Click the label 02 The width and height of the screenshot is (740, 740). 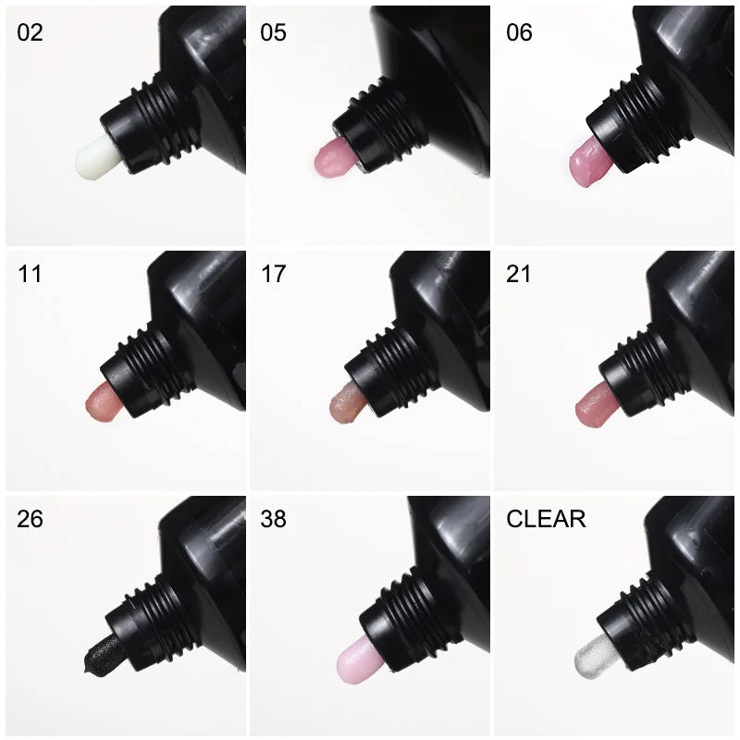(30, 32)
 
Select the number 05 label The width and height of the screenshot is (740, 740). (273, 32)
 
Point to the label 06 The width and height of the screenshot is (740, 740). (519, 32)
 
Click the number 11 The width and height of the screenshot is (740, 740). (29, 275)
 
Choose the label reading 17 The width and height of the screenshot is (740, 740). (273, 275)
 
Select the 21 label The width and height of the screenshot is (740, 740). (519, 275)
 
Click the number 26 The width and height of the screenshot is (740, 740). (30, 519)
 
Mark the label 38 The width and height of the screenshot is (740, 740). (273, 519)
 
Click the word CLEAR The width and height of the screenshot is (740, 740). (546, 519)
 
